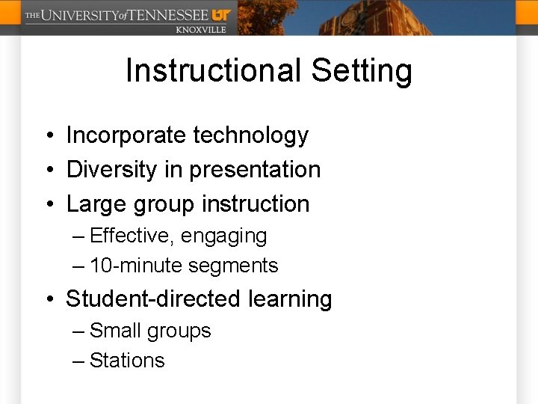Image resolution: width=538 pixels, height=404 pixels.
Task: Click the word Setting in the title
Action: [362, 71]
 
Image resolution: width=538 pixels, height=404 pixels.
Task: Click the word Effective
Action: [133, 236]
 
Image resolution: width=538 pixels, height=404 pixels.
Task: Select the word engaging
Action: [224, 236]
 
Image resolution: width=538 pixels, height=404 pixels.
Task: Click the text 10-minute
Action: [136, 266]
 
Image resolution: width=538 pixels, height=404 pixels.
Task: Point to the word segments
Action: [233, 266]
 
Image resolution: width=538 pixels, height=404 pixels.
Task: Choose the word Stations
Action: [127, 361]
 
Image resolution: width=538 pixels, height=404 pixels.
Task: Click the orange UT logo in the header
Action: [221, 14]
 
